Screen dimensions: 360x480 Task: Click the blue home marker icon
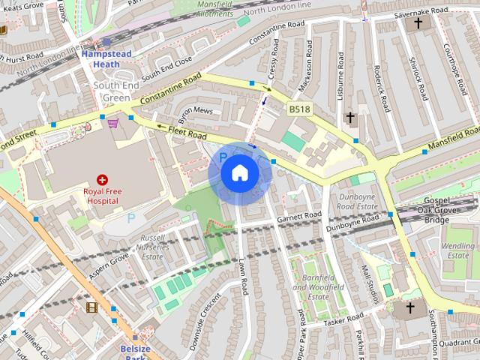tap(239, 173)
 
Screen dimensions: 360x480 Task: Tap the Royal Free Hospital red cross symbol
tap(103, 180)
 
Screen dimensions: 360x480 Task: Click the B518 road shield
tap(299, 110)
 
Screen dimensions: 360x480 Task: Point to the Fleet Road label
tap(187, 132)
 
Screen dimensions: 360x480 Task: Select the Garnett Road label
tap(298, 217)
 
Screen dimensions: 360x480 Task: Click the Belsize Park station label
tap(135, 353)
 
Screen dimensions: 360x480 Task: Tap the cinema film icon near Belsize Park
tap(91, 307)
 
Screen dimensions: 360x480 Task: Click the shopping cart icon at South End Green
tap(112, 123)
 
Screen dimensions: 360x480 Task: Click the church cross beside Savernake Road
tap(418, 23)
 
